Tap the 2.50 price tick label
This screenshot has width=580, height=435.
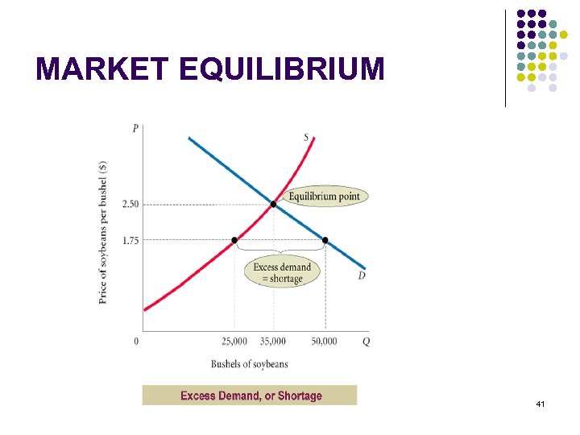(x=130, y=205)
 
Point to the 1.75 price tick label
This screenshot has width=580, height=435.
(x=130, y=240)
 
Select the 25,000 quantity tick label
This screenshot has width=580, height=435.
(x=234, y=342)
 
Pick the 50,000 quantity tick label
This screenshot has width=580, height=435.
(x=324, y=342)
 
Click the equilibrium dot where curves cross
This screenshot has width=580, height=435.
(x=273, y=205)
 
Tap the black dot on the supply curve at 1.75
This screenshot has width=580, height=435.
(x=234, y=240)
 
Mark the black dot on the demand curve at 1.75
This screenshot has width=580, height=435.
(x=325, y=240)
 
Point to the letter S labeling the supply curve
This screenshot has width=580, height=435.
(x=306, y=137)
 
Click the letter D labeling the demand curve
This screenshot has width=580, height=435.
(x=362, y=276)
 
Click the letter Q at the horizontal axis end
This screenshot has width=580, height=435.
(x=367, y=342)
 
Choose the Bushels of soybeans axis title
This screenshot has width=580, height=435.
(x=249, y=364)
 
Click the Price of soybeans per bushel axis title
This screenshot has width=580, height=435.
(x=103, y=232)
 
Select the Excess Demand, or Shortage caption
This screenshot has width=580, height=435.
(x=251, y=396)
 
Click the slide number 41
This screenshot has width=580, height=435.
(x=539, y=403)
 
